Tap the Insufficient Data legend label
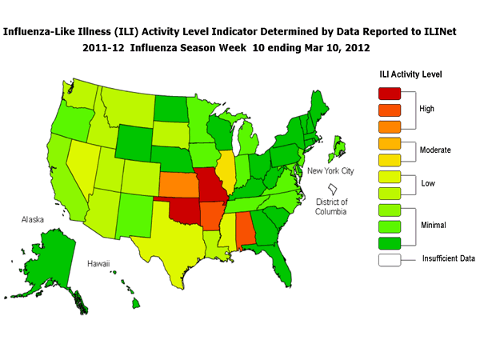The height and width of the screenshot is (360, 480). [449, 259]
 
